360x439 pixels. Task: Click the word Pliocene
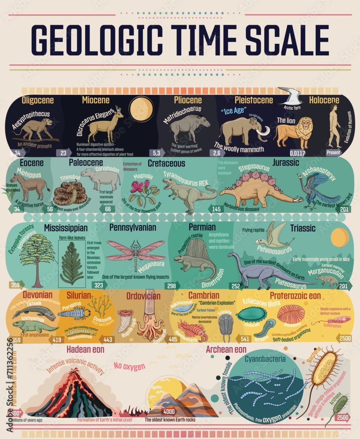[x=187, y=101]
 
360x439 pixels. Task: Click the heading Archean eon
[x=226, y=350]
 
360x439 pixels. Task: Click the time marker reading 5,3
[x=156, y=153]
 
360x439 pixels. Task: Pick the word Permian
[x=202, y=227]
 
